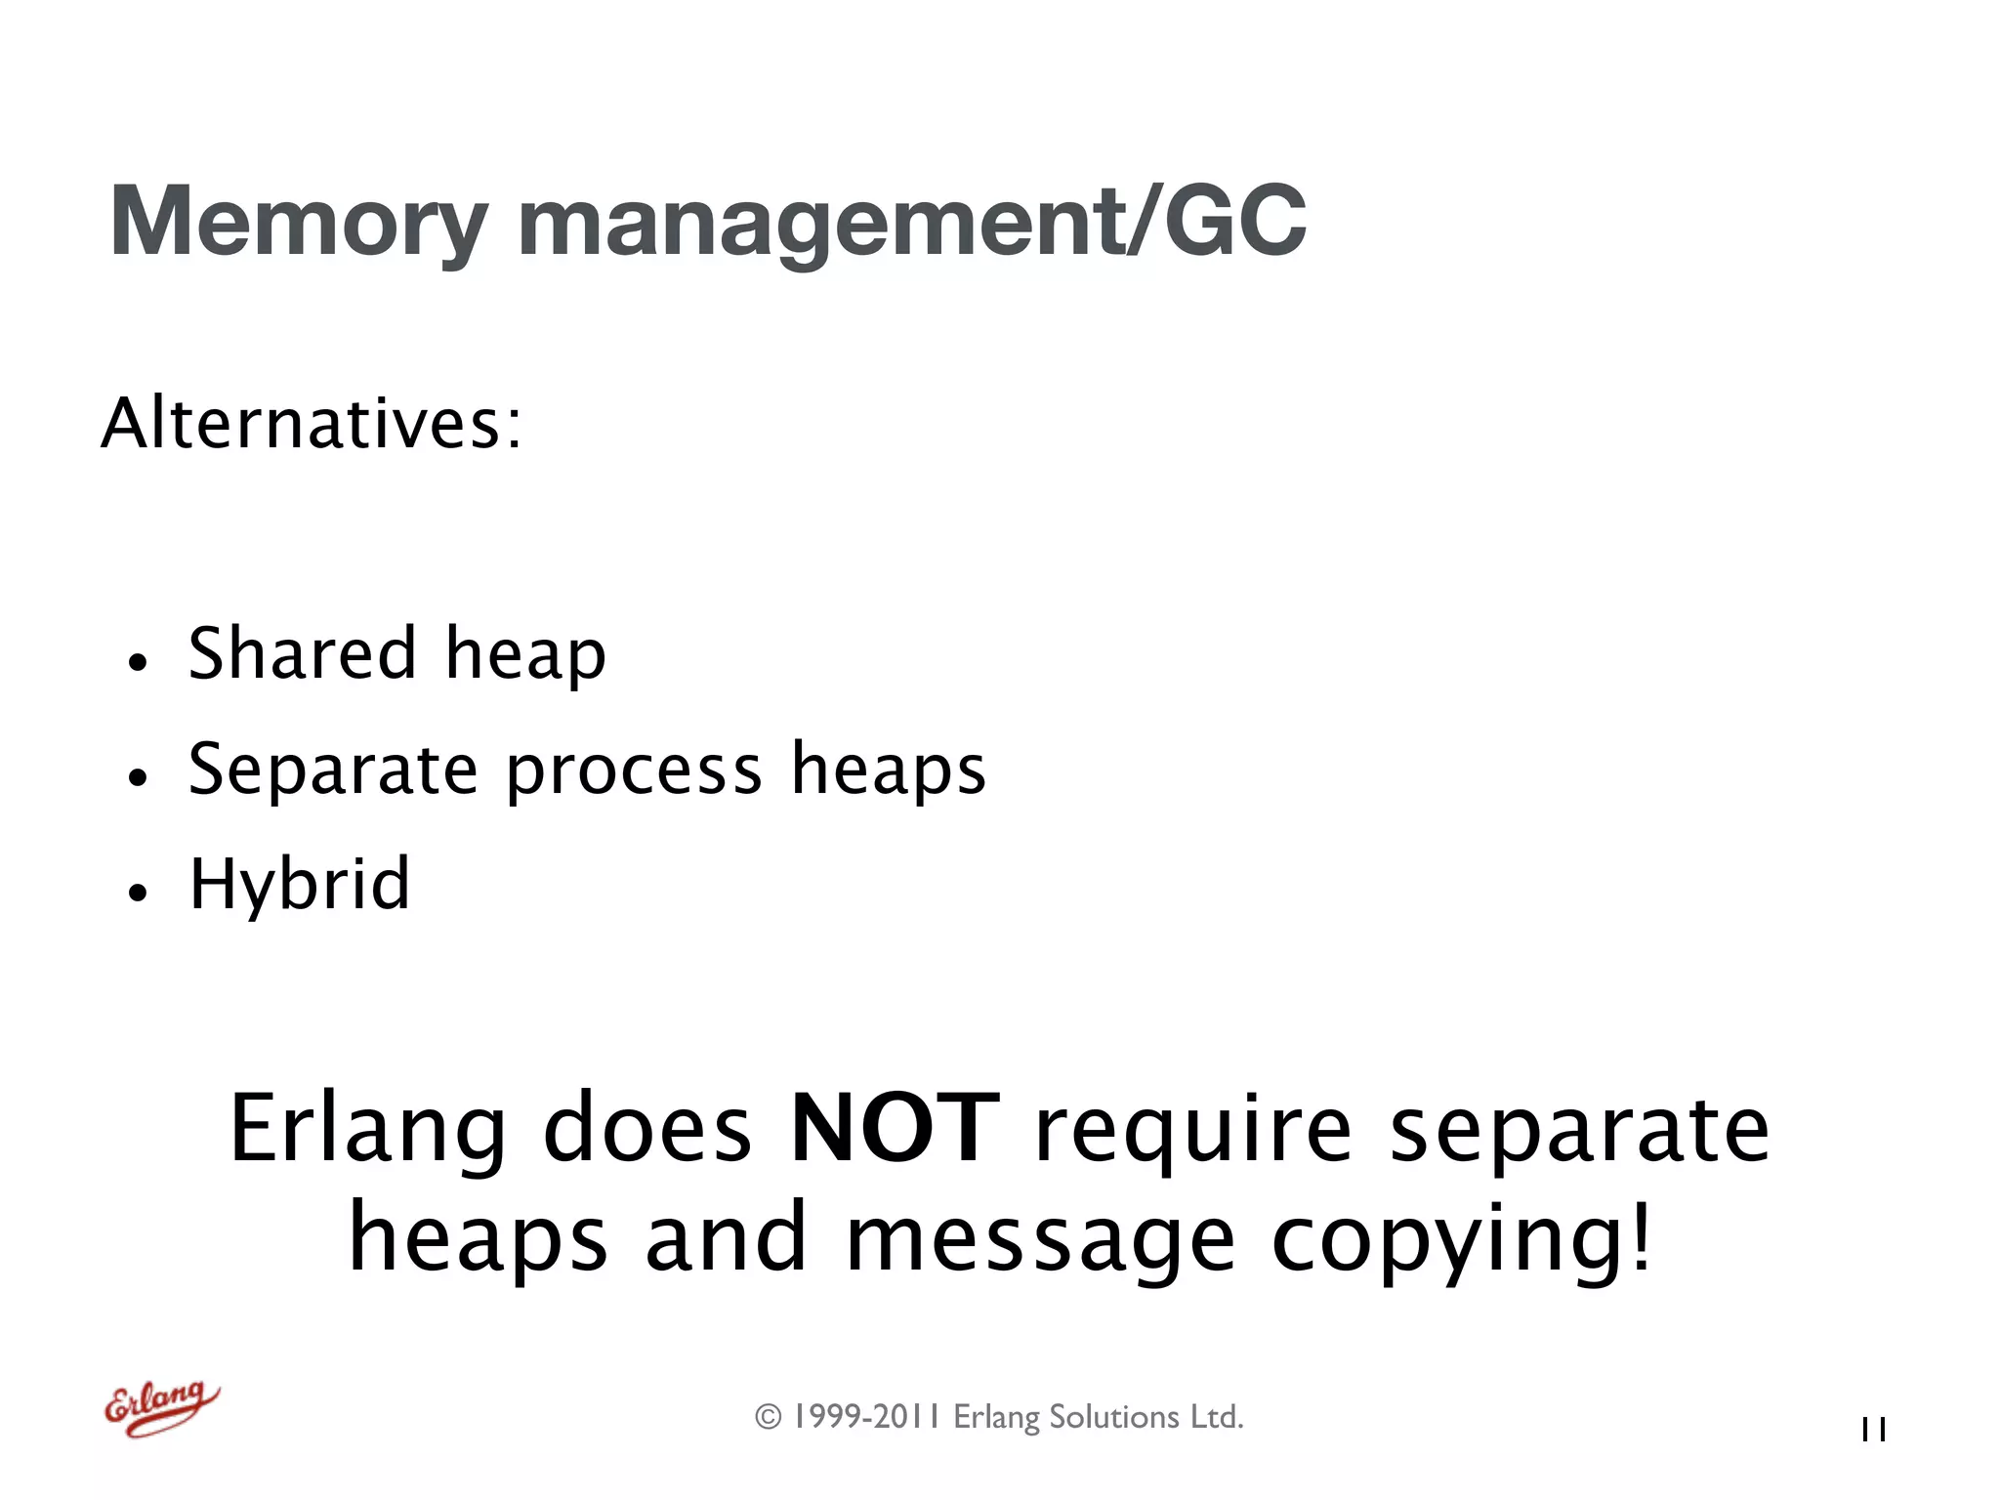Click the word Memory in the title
298,223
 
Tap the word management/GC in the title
911,223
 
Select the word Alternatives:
312,424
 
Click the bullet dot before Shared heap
138,663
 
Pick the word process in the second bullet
634,771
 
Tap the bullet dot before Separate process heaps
138,778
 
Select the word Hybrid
299,885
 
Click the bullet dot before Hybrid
138,893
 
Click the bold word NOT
895,1129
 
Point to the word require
1193,1131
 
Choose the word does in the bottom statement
647,1129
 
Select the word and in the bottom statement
726,1238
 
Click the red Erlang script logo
162,1407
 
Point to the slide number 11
1873,1430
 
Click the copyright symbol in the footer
769,1417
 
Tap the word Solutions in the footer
1114,1417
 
